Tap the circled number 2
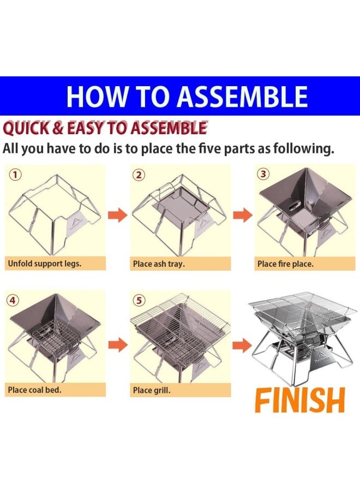[x=139, y=175]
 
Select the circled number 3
[x=263, y=174]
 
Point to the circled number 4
[x=13, y=300]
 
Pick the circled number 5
[x=139, y=300]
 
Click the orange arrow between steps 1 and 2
[x=118, y=215]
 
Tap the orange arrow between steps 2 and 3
[x=243, y=215]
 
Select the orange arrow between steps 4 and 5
[x=118, y=345]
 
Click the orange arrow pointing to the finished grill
[x=242, y=345]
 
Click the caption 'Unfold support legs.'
[x=45, y=264]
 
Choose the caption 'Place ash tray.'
[x=159, y=264]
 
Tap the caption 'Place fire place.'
[x=285, y=264]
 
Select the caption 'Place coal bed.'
[x=35, y=390]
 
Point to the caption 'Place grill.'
[x=152, y=390]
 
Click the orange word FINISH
[x=300, y=400]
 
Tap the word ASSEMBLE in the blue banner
[x=242, y=96]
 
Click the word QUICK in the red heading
[x=26, y=129]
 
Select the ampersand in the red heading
[x=58, y=129]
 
